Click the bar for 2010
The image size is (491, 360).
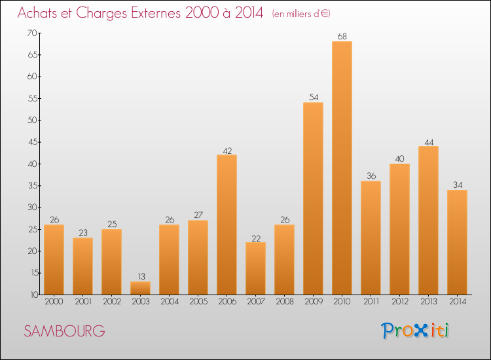pos(342,168)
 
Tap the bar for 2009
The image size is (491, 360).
pos(313,198)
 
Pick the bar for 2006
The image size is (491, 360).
pos(227,225)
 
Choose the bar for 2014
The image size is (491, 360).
pos(457,242)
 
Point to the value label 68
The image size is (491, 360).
pos(342,36)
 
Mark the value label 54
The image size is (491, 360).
pos(313,97)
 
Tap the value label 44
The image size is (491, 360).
pos(428,141)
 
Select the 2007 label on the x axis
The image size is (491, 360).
pos(255,303)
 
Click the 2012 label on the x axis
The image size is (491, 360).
pos(399,303)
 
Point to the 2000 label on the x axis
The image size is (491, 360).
pos(54,303)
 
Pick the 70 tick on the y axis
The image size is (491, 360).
pos(31,33)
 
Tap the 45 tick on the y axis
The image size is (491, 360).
pos(31,142)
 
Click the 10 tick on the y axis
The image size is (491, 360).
pos(31,295)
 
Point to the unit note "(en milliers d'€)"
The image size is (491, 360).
pos(306,14)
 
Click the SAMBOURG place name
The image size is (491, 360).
pos(64,331)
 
